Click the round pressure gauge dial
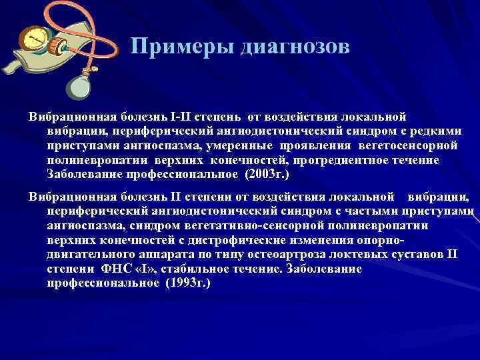point(30,41)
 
